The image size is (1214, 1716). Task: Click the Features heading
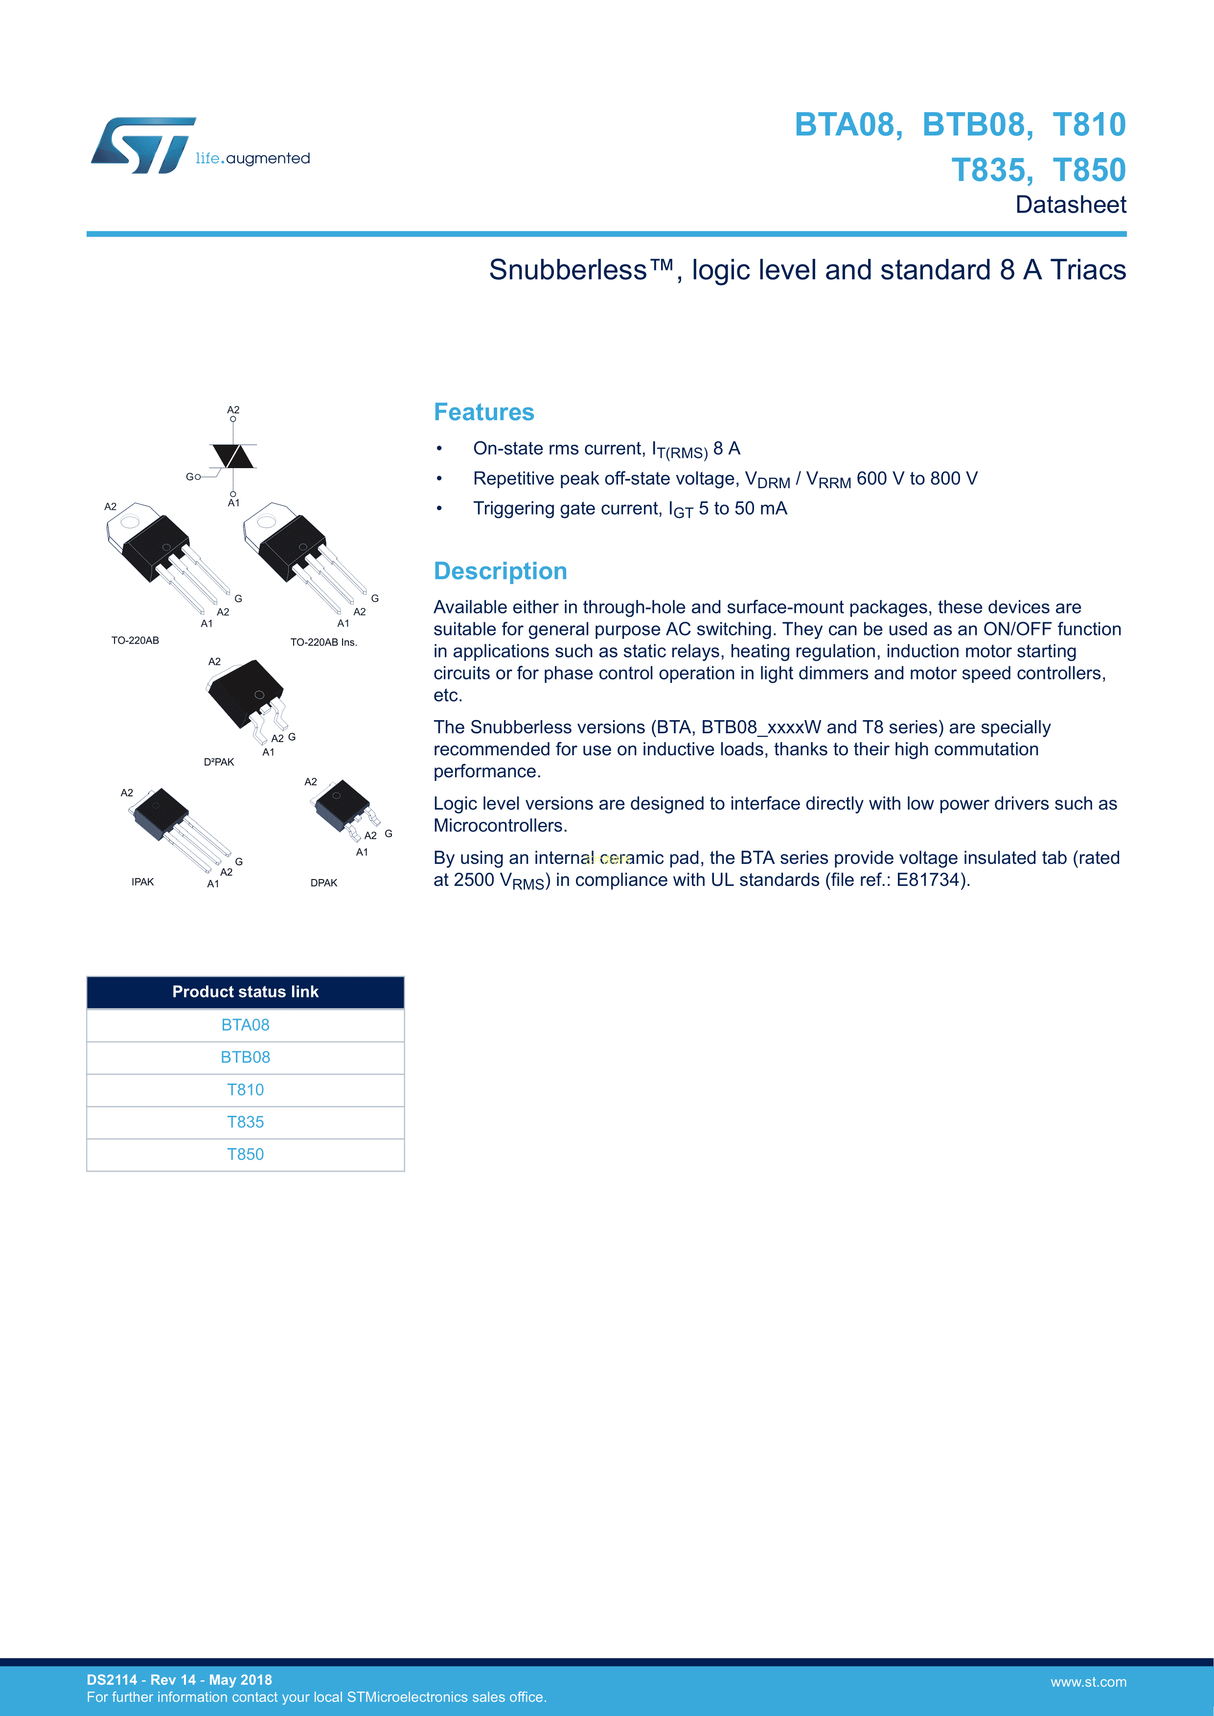tap(483, 412)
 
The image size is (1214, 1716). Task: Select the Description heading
tap(500, 571)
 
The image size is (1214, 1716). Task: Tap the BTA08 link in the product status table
tap(245, 1025)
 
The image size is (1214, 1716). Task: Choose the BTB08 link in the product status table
tap(245, 1057)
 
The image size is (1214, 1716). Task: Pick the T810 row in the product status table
tap(245, 1090)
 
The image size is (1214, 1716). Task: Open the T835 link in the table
tap(245, 1122)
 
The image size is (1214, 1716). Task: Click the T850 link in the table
tap(245, 1154)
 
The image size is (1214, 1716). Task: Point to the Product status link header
tap(245, 992)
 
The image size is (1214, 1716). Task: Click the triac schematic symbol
tap(233, 456)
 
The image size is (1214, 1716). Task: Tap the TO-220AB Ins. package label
tap(323, 642)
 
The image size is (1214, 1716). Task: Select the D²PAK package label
tap(219, 762)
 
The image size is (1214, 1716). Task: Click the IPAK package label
tap(143, 882)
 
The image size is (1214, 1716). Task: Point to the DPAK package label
tap(323, 882)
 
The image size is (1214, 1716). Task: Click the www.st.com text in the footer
tap(1088, 1682)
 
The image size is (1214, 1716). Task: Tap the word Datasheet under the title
tap(1071, 205)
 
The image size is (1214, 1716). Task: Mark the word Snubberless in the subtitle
tap(568, 270)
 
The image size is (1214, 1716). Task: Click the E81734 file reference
tap(927, 880)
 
